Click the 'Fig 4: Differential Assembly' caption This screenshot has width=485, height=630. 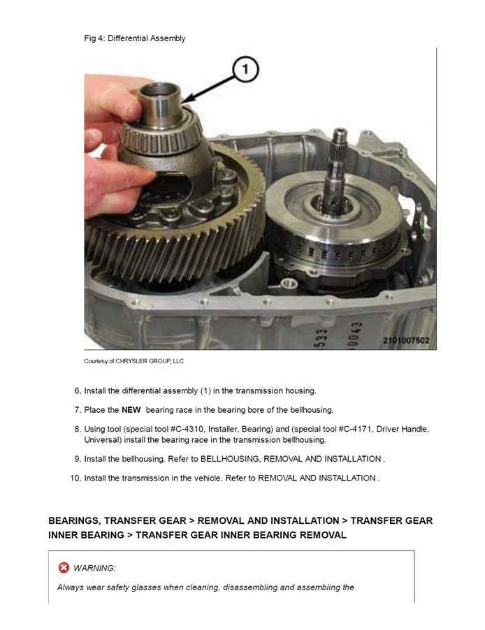pyautogui.click(x=135, y=38)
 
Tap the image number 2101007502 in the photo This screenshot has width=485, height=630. pyautogui.click(x=405, y=340)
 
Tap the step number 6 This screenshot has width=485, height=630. pyautogui.click(x=78, y=390)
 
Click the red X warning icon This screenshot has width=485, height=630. pyautogui.click(x=64, y=567)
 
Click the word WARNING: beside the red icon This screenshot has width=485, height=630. pyautogui.click(x=94, y=568)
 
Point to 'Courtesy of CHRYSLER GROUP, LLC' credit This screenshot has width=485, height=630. pyautogui.click(x=133, y=361)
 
